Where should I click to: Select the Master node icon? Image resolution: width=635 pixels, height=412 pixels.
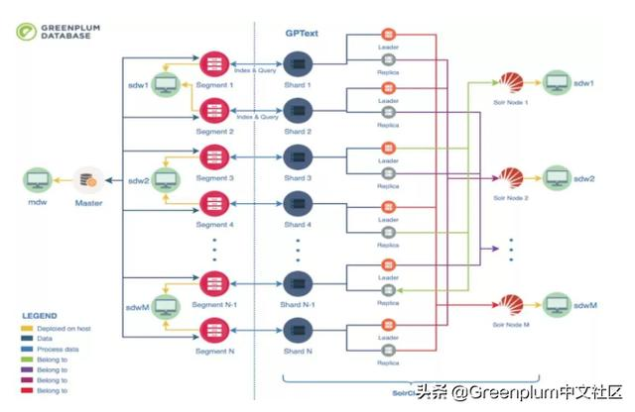coord(88,180)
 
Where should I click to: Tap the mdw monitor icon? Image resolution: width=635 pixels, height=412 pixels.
coord(38,180)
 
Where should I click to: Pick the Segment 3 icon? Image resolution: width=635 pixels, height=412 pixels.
coord(214,156)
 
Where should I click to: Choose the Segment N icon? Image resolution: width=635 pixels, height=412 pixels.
coord(214,329)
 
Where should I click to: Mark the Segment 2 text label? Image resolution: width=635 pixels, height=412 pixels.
coord(214,131)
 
